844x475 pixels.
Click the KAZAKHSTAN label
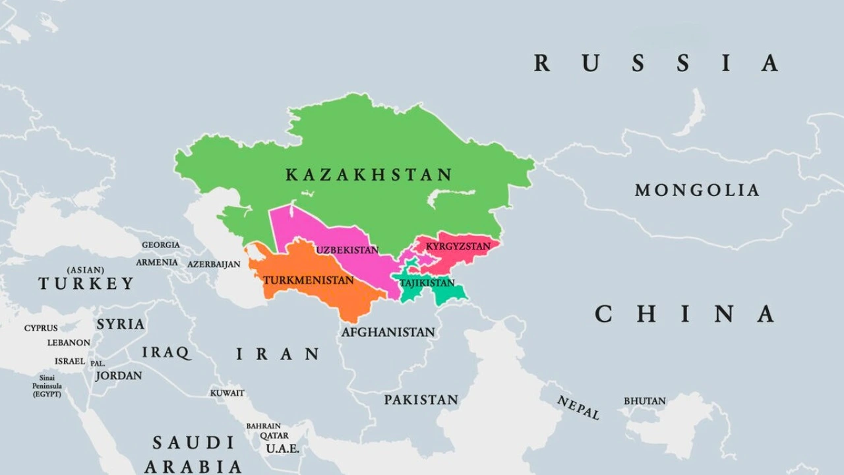click(x=369, y=175)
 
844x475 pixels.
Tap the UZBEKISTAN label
click(x=347, y=250)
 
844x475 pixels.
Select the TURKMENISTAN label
click(x=309, y=280)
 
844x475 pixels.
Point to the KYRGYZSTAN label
click(x=458, y=246)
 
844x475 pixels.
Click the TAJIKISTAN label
click(x=427, y=283)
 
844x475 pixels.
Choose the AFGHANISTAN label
click(x=388, y=332)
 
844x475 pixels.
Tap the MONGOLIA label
click(x=697, y=190)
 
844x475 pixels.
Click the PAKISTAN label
click(x=421, y=400)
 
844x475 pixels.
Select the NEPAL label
click(x=578, y=408)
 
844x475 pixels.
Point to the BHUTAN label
click(x=645, y=401)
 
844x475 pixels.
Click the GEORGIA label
click(x=160, y=245)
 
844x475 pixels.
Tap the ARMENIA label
click(x=157, y=262)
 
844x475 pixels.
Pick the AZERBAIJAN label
click(x=214, y=264)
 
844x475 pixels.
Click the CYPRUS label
click(x=41, y=328)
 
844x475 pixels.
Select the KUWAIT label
click(x=227, y=393)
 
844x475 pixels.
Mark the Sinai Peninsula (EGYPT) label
click(x=47, y=386)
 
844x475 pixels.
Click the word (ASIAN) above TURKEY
click(x=86, y=270)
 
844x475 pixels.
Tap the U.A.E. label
click(x=282, y=449)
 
